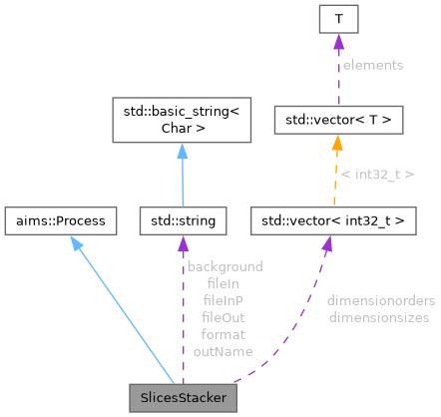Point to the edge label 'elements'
[x=373, y=65]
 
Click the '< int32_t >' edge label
[x=374, y=175]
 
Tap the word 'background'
[x=224, y=266]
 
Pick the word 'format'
[x=224, y=334]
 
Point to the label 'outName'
[x=224, y=351]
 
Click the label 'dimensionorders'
[x=378, y=300]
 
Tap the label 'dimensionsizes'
[x=378, y=317]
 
